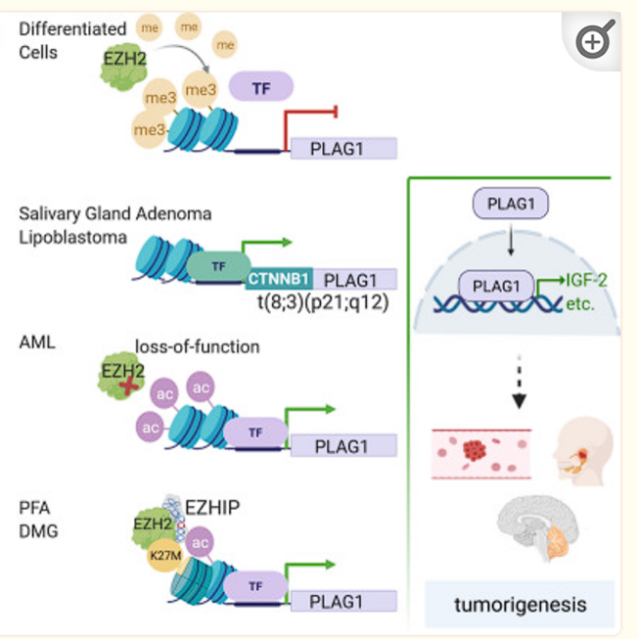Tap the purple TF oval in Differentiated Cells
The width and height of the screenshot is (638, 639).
pyautogui.click(x=261, y=88)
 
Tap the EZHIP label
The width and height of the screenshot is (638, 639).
pyautogui.click(x=217, y=507)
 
